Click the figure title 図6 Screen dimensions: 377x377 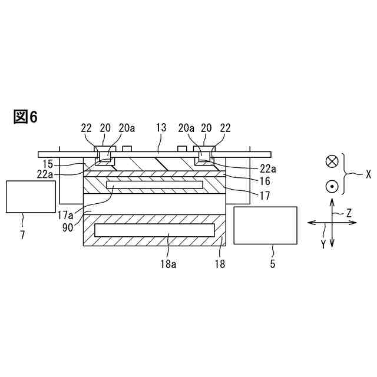[25, 117]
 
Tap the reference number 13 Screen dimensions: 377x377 [161, 128]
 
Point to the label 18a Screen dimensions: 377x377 [168, 264]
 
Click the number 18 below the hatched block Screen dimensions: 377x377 [220, 264]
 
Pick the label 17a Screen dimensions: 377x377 [65, 215]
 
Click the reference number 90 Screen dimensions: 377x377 [68, 227]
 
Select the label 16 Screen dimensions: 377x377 [264, 181]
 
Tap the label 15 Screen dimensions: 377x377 [48, 164]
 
